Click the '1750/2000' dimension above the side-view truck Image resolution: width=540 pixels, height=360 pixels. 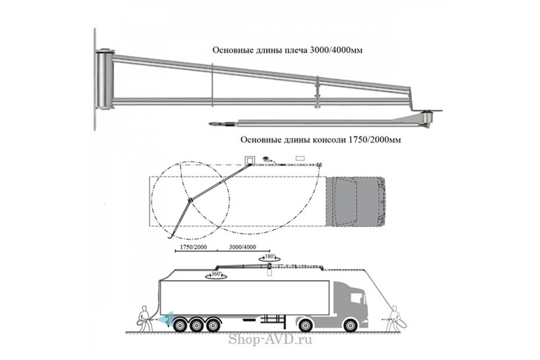pyautogui.click(x=192, y=247)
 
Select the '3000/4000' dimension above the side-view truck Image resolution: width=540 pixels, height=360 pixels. pyautogui.click(x=243, y=247)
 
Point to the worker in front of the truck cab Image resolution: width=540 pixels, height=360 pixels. pyautogui.click(x=394, y=317)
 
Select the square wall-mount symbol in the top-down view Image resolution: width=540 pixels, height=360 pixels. pyautogui.click(x=250, y=159)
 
